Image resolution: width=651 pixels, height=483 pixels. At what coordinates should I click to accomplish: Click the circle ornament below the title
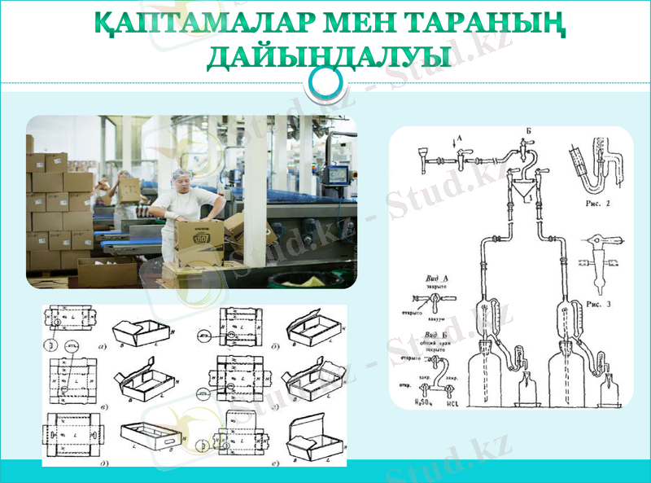pyautogui.click(x=327, y=81)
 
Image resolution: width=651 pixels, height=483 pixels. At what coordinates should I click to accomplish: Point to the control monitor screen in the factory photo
pyautogui.click(x=337, y=174)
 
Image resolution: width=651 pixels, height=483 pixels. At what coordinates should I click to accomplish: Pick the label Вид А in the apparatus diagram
pyautogui.click(x=437, y=278)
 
